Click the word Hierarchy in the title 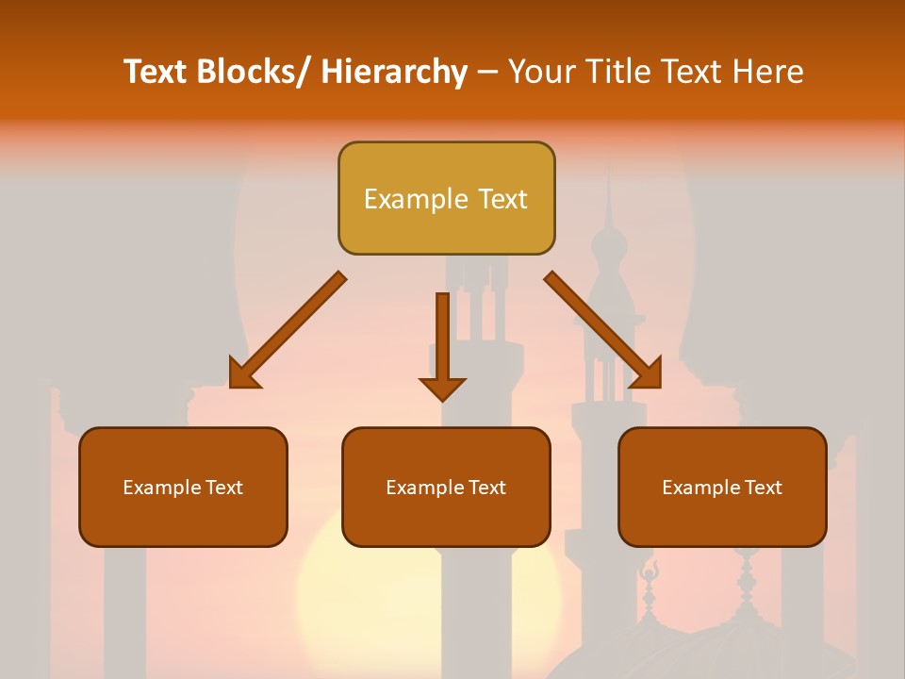click(394, 72)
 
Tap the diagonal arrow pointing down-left click(288, 330)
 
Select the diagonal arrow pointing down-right click(603, 330)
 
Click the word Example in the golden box click(415, 200)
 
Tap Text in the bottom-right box click(765, 488)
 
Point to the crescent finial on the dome click(648, 571)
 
